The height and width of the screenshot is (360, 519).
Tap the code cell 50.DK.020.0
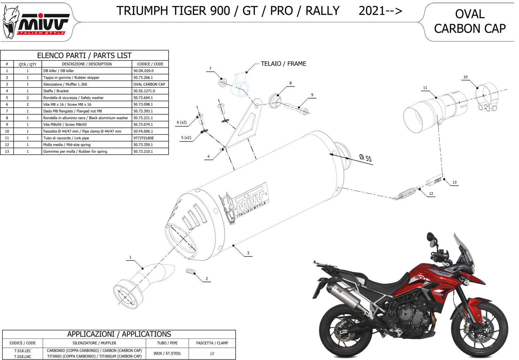click(x=143, y=71)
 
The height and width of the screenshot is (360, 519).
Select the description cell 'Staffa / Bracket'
click(x=56, y=91)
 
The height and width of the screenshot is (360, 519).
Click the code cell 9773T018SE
click(x=144, y=138)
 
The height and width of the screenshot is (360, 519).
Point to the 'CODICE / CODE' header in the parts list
click(x=150, y=64)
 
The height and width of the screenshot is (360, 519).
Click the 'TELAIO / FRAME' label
click(x=283, y=64)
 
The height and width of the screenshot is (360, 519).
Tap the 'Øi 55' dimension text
click(x=365, y=158)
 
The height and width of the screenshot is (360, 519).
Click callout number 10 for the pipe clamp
click(x=465, y=77)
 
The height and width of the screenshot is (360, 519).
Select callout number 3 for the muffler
click(x=248, y=253)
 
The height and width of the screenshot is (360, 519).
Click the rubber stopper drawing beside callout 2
click(x=190, y=271)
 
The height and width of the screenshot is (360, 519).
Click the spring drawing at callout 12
click(x=406, y=194)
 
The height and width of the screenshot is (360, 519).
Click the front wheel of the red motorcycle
click(x=479, y=327)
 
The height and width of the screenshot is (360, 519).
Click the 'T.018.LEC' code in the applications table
click(x=23, y=351)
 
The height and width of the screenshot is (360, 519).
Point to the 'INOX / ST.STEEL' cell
click(x=167, y=353)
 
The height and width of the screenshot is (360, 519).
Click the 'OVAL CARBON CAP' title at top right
click(x=470, y=21)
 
